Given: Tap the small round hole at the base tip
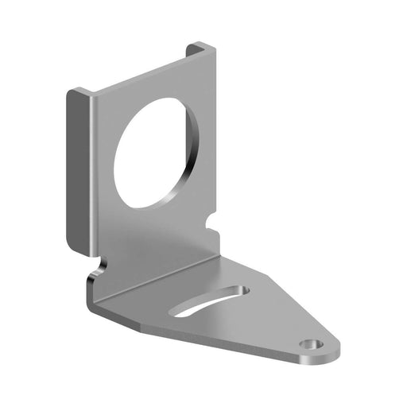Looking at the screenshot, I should click(311, 344).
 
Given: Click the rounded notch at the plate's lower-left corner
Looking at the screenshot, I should click(99, 264).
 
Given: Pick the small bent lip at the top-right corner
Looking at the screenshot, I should click(201, 50).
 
